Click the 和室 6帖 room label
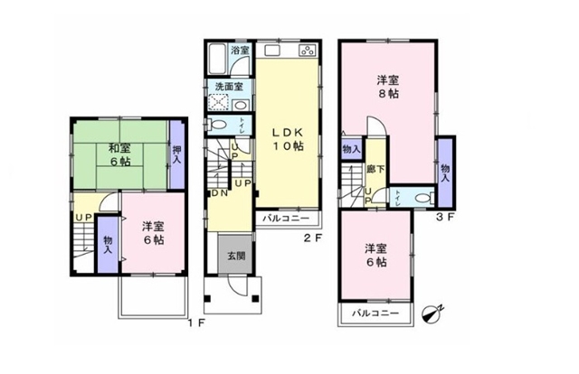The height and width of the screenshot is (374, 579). (x=119, y=154)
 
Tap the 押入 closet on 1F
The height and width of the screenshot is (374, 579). (x=177, y=154)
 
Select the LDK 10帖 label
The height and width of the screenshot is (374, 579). (x=288, y=139)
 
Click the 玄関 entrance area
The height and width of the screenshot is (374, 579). (x=235, y=255)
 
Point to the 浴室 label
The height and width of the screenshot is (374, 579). (x=241, y=51)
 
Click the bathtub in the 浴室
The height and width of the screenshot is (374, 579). (x=216, y=59)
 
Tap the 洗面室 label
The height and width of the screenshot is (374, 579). (x=229, y=87)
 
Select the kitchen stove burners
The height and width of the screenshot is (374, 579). (x=308, y=51)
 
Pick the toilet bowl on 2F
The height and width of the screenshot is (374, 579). (x=217, y=125)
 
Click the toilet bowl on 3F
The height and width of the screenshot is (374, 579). (x=423, y=198)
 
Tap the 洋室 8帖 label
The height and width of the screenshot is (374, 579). (x=388, y=87)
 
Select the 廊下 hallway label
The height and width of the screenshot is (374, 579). (x=375, y=169)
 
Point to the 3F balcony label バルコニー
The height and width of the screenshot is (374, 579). (x=375, y=313)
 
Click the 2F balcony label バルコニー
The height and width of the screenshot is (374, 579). (x=286, y=219)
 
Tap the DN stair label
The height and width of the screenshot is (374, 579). (x=219, y=193)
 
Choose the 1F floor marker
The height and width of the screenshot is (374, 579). (x=196, y=323)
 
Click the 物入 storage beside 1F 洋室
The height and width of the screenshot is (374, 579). (x=108, y=245)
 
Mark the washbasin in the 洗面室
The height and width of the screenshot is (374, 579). (x=241, y=105)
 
